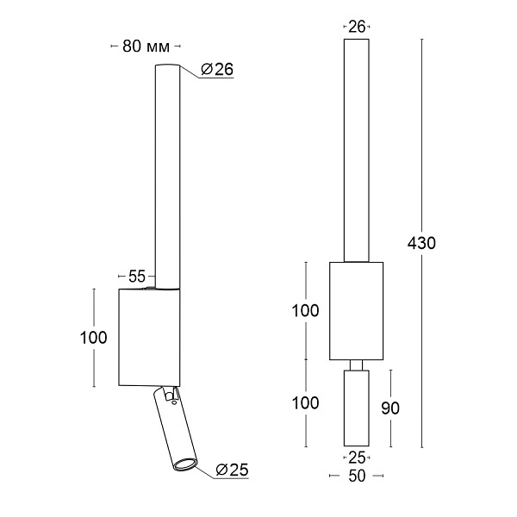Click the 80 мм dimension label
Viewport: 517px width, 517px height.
(x=146, y=47)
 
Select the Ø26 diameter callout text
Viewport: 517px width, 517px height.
(x=217, y=69)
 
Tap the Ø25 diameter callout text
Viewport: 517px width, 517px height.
(x=232, y=470)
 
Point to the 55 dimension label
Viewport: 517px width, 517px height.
(x=137, y=277)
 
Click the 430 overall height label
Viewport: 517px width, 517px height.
(x=421, y=243)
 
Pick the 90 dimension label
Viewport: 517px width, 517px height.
(x=390, y=408)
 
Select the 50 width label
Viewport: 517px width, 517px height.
(x=357, y=476)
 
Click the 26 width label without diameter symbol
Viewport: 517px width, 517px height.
(x=357, y=27)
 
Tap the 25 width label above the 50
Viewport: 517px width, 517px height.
(x=357, y=458)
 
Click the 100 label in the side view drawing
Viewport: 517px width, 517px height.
(x=94, y=338)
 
